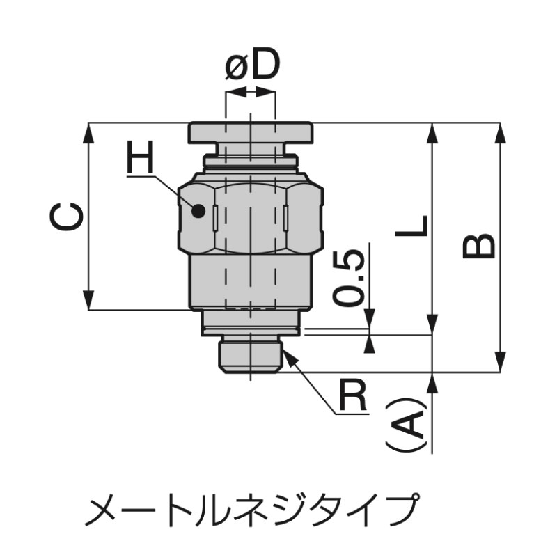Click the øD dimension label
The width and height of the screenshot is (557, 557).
(x=253, y=65)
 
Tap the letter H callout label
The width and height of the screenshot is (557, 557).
(x=141, y=157)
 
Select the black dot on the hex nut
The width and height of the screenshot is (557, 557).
(x=198, y=212)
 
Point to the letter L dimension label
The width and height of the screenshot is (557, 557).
(x=411, y=226)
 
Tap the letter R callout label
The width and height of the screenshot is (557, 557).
(x=352, y=395)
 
